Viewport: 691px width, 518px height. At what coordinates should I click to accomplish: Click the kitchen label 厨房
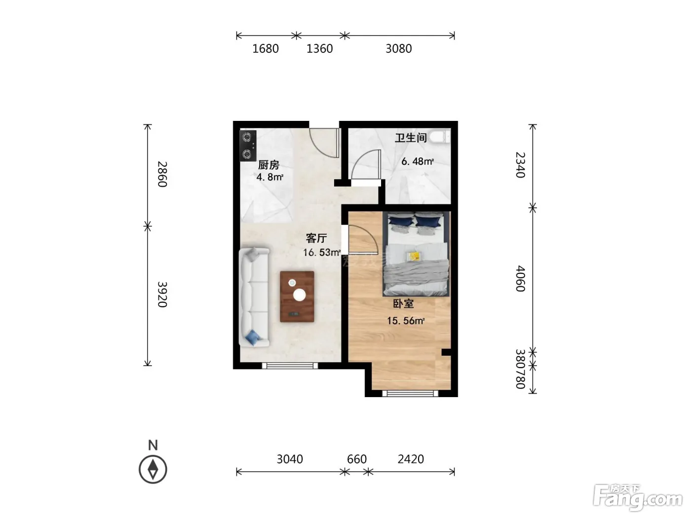coord(269,165)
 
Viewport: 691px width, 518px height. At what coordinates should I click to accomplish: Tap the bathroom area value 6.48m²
coord(418,162)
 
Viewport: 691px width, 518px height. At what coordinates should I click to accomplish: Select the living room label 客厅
coord(316,238)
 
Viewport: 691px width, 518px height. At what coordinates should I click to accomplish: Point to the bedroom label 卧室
coord(403,303)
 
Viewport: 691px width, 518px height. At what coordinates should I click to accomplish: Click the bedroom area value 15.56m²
coord(406,321)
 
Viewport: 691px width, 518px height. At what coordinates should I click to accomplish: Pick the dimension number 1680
coord(266,49)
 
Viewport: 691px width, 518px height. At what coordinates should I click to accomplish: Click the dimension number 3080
coord(398,49)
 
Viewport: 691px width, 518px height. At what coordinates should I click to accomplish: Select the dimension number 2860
coord(162,174)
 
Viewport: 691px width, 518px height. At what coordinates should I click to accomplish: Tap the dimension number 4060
coord(520,279)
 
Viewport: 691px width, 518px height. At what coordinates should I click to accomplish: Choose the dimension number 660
coord(357,459)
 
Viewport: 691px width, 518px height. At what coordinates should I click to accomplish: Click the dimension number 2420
coord(411,459)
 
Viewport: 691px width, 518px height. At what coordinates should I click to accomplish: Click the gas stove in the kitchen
coord(248,146)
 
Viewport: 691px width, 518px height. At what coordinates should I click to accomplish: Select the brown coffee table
coord(297,296)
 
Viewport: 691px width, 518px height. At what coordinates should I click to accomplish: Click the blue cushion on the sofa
coord(253,337)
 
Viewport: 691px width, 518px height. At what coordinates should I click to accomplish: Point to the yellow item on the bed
coord(414,257)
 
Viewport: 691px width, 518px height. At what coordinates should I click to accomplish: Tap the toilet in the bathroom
coord(440,137)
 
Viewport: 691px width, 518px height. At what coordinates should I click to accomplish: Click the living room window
coord(290,366)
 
